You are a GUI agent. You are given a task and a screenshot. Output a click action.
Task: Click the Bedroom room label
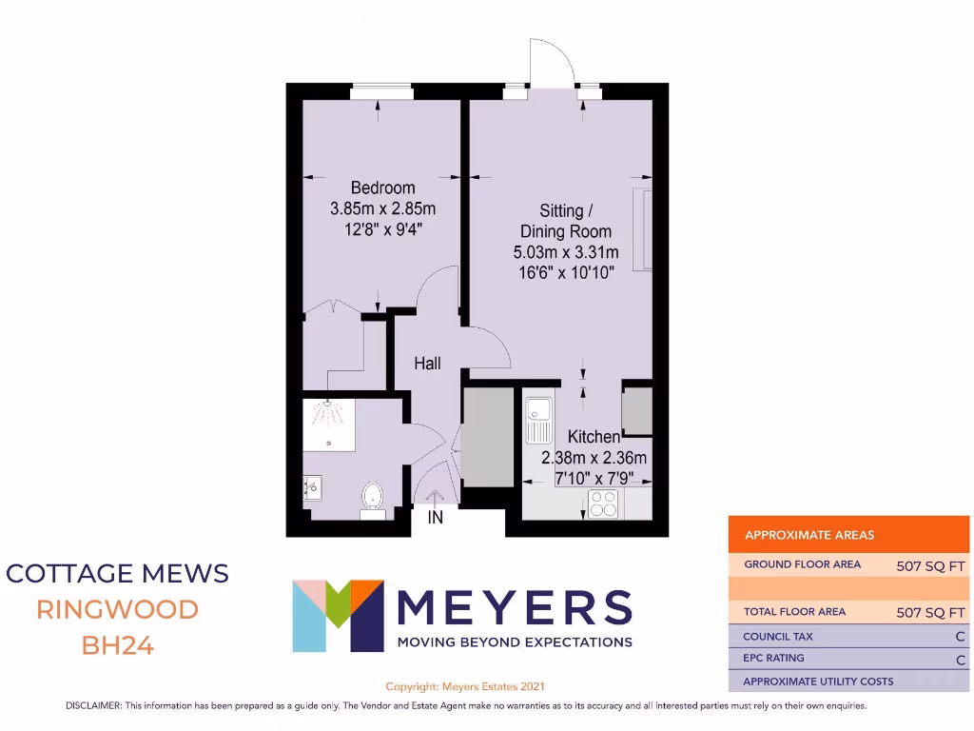tap(382, 188)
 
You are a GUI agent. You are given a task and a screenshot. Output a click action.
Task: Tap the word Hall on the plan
tap(427, 364)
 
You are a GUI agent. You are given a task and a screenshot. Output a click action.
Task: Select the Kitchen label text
tap(594, 437)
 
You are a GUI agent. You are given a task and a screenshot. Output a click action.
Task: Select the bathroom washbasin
tap(312, 487)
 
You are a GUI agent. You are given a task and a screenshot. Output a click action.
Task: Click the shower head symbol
tap(326, 411)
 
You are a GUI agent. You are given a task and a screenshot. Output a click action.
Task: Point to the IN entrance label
tap(436, 519)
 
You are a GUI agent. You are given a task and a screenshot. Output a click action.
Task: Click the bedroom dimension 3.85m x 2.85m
tap(382, 208)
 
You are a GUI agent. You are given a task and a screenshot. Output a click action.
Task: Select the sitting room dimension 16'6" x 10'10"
tap(566, 273)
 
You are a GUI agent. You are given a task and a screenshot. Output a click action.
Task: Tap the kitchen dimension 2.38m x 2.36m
tap(594, 458)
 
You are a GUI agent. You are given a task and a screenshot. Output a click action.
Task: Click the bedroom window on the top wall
tap(380, 91)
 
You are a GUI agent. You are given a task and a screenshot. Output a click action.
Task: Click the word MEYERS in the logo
tap(514, 608)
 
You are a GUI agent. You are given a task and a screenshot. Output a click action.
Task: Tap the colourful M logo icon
tap(338, 615)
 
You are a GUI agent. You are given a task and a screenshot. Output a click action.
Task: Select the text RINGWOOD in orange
tap(117, 609)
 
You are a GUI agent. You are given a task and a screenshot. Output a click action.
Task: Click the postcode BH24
tap(117, 645)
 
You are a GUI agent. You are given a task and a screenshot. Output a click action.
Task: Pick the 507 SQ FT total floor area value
tap(930, 613)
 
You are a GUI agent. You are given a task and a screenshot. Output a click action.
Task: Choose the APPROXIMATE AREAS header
tap(809, 535)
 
